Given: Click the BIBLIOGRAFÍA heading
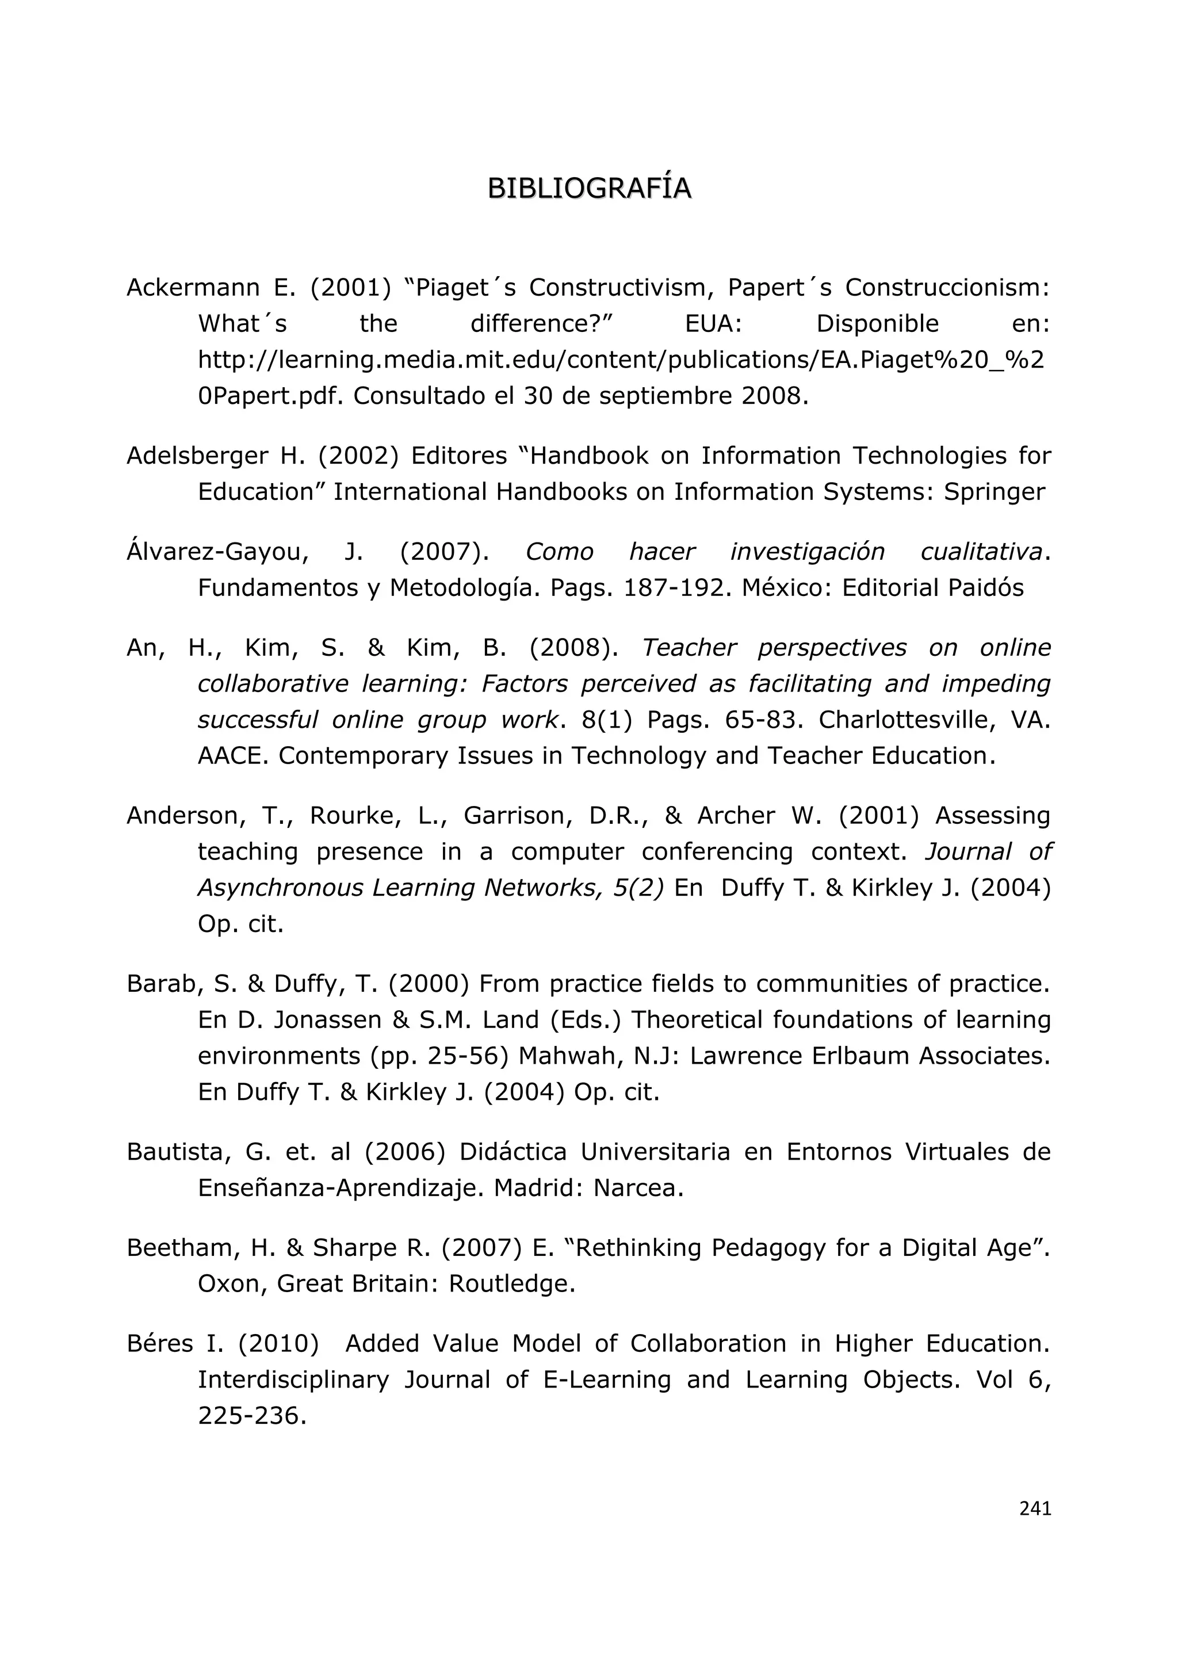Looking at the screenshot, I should pos(589,188).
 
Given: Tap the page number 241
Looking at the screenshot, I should pos(1035,1508).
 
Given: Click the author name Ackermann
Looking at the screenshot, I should pos(193,288).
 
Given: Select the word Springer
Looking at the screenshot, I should pos(994,492).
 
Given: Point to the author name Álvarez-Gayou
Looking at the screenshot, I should pos(217,552).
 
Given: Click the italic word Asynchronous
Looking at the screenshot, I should pos(280,888).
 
